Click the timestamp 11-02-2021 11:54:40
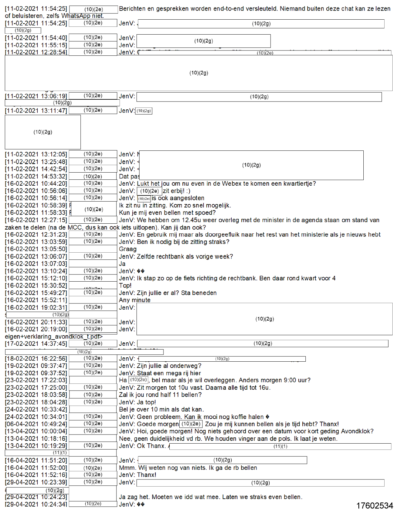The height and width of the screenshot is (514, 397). coord(36,38)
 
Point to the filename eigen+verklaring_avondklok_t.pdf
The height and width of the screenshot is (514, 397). coord(54,336)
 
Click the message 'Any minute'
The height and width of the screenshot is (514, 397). coord(135,300)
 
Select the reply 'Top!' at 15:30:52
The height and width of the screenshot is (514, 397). coord(125,286)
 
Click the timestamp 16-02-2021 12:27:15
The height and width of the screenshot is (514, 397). coord(36,220)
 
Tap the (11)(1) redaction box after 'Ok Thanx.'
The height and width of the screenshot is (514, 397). coord(280,446)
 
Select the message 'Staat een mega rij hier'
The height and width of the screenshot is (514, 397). coord(169,373)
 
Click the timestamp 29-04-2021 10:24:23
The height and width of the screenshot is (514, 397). coord(36,497)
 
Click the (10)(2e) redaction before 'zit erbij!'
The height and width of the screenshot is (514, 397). coord(149,191)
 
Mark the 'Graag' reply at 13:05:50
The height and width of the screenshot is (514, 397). coord(128,249)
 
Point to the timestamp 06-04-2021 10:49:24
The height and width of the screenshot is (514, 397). coord(36,424)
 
